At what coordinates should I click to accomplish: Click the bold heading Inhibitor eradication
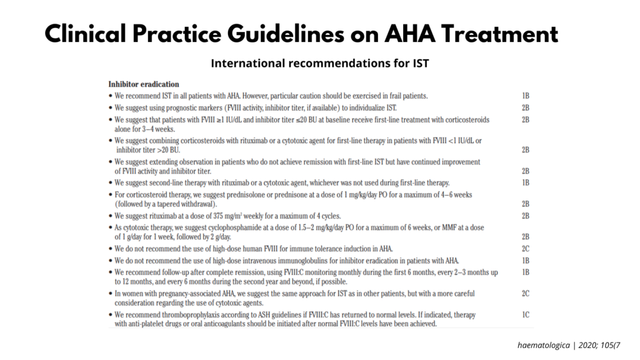tap(144, 84)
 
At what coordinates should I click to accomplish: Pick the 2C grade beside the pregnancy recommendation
tap(526, 293)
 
